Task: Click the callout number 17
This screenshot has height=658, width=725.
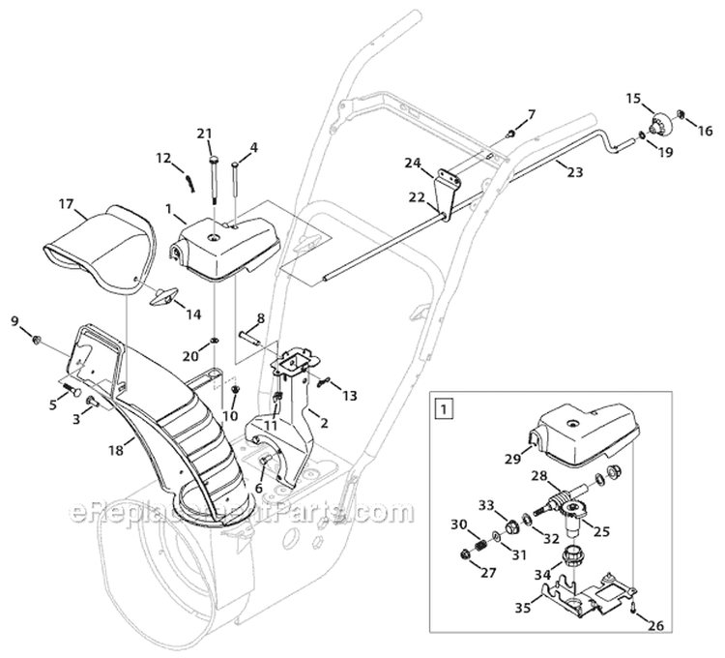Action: click(x=66, y=204)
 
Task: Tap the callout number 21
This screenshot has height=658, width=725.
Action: click(x=203, y=133)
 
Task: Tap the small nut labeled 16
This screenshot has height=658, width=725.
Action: click(x=681, y=117)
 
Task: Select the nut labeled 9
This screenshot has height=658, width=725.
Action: click(x=37, y=340)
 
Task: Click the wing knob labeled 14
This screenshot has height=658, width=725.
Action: click(x=162, y=296)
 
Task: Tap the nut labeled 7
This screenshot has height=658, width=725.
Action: click(x=509, y=134)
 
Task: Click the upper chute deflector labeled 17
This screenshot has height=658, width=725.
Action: click(x=106, y=247)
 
